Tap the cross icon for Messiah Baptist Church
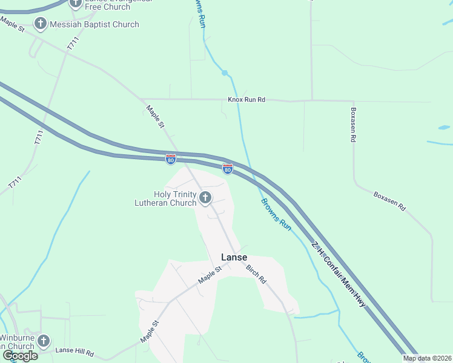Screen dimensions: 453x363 pyautogui.click(x=41, y=25)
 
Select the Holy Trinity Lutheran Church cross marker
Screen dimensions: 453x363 pyautogui.click(x=205, y=197)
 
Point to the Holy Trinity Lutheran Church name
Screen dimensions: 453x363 pyautogui.click(x=166, y=198)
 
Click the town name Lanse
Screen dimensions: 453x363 pyautogui.click(x=234, y=257)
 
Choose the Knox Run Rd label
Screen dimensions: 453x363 pyautogui.click(x=246, y=99)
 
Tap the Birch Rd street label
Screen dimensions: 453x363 pyautogui.click(x=256, y=275)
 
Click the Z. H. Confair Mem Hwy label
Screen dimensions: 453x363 pyautogui.click(x=339, y=273)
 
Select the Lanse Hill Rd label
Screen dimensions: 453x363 pyautogui.click(x=74, y=352)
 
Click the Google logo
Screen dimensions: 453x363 pyautogui.click(x=21, y=356)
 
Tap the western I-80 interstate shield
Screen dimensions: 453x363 pyautogui.click(x=171, y=159)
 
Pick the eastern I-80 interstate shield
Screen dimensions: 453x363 pyautogui.click(x=228, y=169)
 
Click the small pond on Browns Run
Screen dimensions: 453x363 pyautogui.click(x=225, y=73)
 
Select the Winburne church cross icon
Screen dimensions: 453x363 pyautogui.click(x=43, y=341)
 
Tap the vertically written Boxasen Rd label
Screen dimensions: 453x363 pyautogui.click(x=352, y=125)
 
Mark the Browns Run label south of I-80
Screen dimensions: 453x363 pyautogui.click(x=276, y=214)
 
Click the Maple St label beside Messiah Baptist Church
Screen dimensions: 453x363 pyautogui.click(x=12, y=25)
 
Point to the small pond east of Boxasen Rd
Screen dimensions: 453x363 pyautogui.click(x=444, y=128)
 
